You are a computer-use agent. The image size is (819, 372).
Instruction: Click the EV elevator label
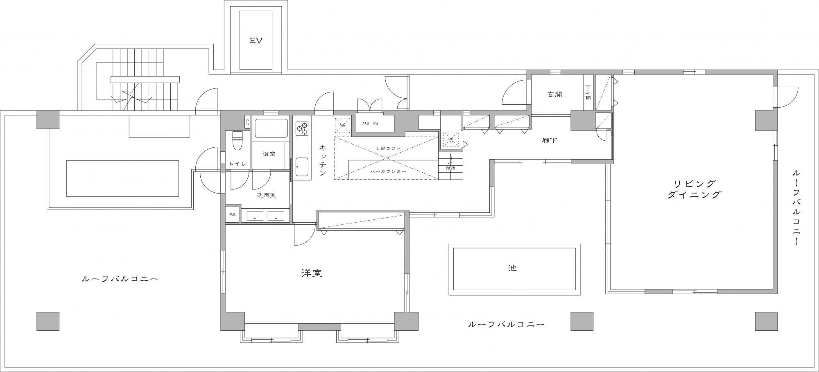point(256,40)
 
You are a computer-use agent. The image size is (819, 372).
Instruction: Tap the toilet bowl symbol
point(238,141)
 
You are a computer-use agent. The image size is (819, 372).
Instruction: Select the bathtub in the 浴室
point(271,129)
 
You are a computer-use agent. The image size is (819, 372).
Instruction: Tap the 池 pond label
point(512,268)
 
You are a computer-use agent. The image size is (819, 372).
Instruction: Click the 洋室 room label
point(312,273)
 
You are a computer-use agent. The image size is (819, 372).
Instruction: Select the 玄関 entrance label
point(554,94)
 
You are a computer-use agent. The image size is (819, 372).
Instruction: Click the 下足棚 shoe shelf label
point(588,92)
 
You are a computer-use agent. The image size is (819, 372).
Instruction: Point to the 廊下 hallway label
point(549,140)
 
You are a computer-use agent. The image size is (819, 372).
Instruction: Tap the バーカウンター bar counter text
point(388,171)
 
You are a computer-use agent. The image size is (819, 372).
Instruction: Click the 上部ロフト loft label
point(387,148)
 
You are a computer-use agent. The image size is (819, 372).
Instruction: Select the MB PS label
point(370,123)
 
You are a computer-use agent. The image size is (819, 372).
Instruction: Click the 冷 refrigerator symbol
point(343,126)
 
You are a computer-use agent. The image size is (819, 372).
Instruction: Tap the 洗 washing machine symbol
point(451,140)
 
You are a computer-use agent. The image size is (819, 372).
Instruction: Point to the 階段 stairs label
point(450,168)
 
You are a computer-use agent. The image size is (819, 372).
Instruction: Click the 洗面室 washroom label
point(266,195)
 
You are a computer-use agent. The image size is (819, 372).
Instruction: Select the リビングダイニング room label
point(694,189)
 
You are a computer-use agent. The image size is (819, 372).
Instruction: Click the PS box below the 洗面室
point(232,214)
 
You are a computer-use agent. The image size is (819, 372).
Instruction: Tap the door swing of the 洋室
point(305,235)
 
